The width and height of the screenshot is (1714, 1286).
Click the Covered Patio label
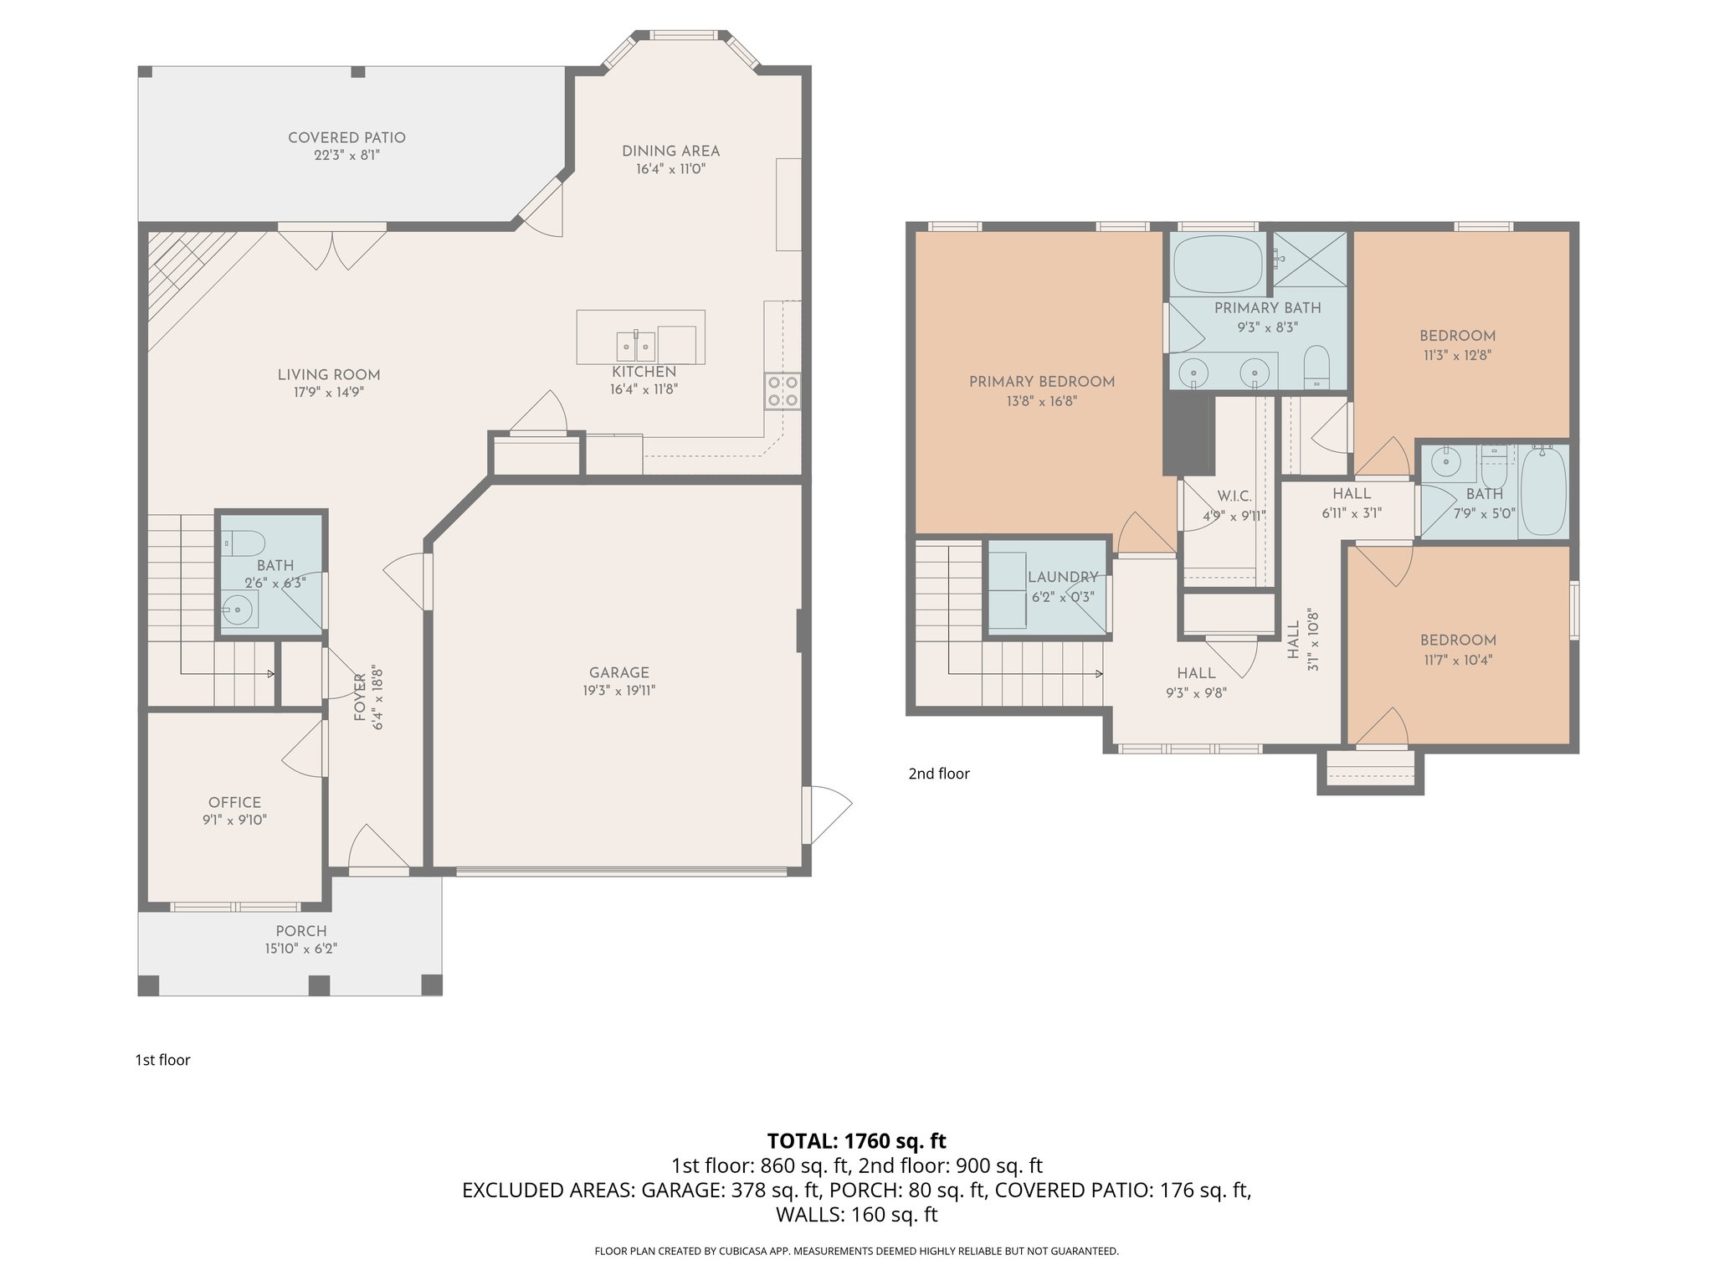[346, 137]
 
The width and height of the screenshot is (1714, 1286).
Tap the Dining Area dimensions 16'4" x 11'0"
[670, 169]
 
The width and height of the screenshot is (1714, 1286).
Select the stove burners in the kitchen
[783, 391]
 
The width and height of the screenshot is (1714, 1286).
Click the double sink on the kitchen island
[636, 344]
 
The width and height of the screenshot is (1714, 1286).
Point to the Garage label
[618, 672]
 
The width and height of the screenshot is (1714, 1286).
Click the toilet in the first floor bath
[244, 544]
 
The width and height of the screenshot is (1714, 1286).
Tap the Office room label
[234, 802]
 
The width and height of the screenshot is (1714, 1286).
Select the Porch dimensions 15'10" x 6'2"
[301, 949]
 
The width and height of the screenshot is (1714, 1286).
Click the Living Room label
[329, 374]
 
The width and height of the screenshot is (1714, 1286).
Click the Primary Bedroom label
[1041, 382]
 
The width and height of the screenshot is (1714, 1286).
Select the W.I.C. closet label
[1234, 496]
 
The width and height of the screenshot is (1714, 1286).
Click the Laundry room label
[1062, 577]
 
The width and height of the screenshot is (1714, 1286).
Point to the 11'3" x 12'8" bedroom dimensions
[1457, 355]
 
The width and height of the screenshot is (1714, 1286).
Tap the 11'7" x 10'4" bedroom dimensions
[1457, 660]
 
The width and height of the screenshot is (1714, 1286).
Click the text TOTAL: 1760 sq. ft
[856, 1140]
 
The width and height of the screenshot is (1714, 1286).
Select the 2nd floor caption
[938, 774]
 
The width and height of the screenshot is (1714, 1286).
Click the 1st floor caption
[162, 1060]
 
